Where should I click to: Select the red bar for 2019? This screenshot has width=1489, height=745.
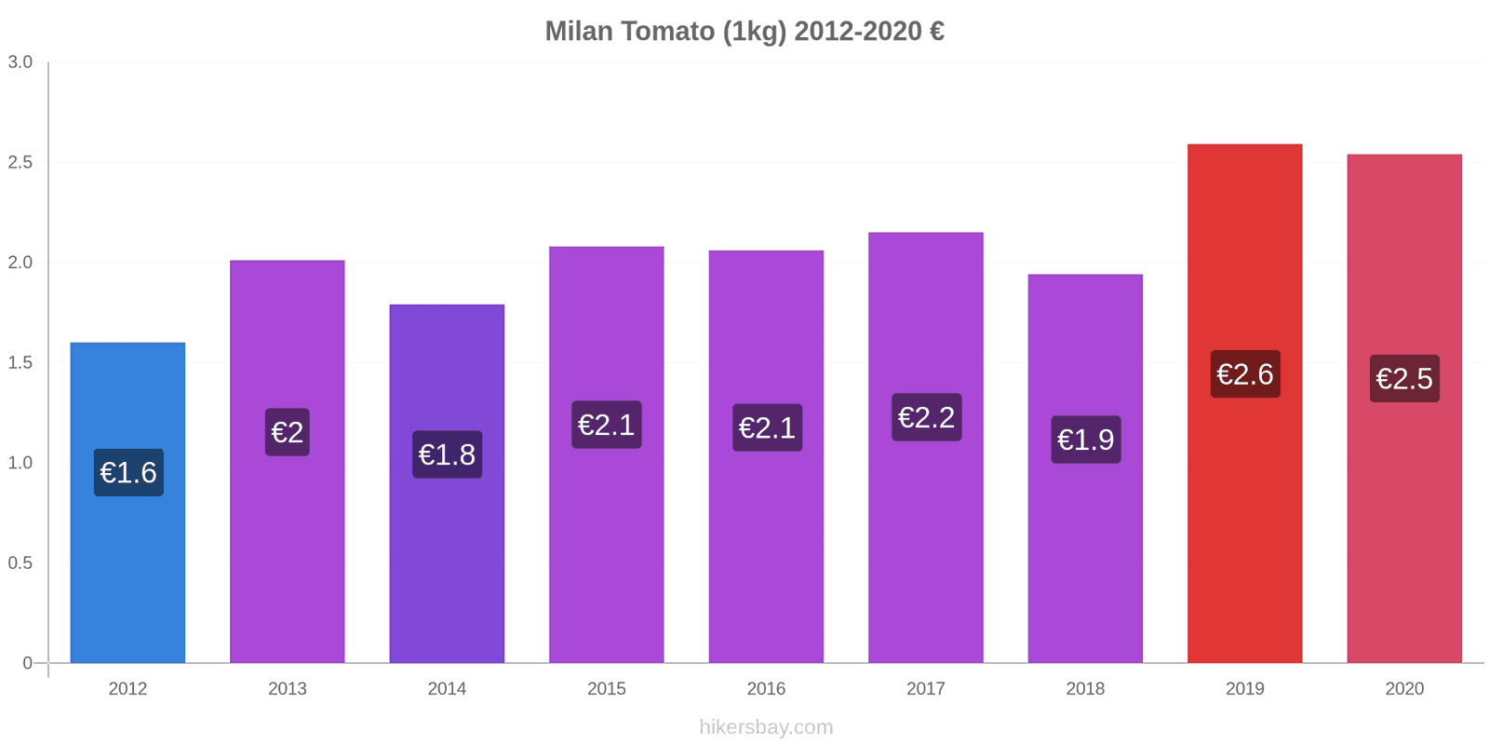pyautogui.click(x=1244, y=521)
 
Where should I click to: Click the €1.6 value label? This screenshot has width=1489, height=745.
pyautogui.click(x=128, y=473)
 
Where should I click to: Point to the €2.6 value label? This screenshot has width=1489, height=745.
pyautogui.click(x=1245, y=374)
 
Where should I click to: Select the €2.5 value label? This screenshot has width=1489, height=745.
pyautogui.click(x=1404, y=379)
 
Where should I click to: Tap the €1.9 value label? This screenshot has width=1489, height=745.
pyautogui.click(x=1085, y=440)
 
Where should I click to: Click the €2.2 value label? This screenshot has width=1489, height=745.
pyautogui.click(x=926, y=417)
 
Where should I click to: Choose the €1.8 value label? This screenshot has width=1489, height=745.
pyautogui.click(x=447, y=454)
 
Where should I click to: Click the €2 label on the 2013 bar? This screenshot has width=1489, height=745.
pyautogui.click(x=287, y=432)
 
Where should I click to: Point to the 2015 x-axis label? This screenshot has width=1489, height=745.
pyautogui.click(x=607, y=689)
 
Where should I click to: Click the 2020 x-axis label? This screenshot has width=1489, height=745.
pyautogui.click(x=1404, y=689)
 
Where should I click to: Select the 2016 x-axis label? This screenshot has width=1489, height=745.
pyautogui.click(x=766, y=689)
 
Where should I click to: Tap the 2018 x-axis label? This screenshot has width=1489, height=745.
pyautogui.click(x=1085, y=689)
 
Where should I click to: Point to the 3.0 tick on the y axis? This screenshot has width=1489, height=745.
pyautogui.click(x=20, y=62)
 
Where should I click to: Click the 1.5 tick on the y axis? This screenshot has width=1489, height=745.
pyautogui.click(x=20, y=363)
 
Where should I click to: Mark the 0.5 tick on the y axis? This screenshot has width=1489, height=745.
pyautogui.click(x=20, y=563)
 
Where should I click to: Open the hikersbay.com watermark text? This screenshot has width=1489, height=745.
pyautogui.click(x=766, y=727)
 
